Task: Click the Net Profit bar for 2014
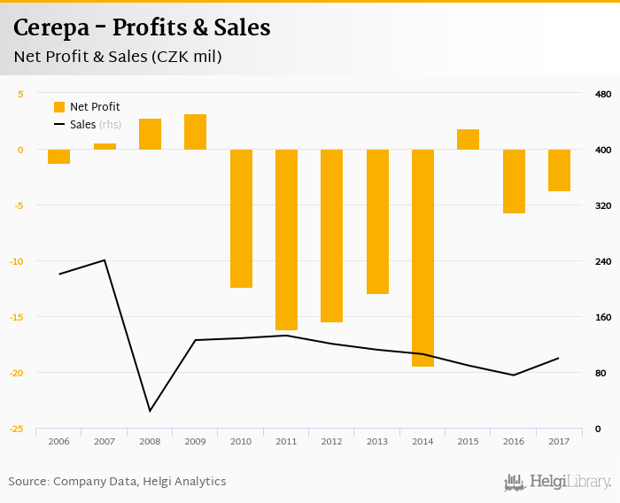tap(423, 258)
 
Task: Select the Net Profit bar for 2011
tap(287, 239)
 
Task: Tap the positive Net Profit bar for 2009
tap(196, 132)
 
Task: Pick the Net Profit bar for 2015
tap(469, 140)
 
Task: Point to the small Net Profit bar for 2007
tap(105, 146)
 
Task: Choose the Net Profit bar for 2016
tap(514, 182)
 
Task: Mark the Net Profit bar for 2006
tap(59, 157)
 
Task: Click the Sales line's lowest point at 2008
tap(150, 411)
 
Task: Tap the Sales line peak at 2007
tap(105, 260)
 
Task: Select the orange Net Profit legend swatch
tap(59, 107)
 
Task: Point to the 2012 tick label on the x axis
tap(332, 441)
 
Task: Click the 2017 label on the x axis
tap(559, 441)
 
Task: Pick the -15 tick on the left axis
tap(17, 317)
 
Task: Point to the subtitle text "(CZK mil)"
tap(186, 58)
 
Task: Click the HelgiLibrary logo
tap(557, 483)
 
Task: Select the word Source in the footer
tap(27, 482)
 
